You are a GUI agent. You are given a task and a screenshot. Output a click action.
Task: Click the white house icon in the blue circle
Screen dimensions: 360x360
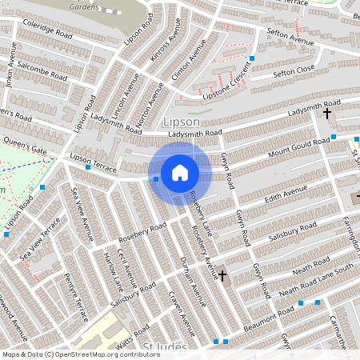180,172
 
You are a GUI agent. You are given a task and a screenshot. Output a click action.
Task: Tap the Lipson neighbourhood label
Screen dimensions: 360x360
180,121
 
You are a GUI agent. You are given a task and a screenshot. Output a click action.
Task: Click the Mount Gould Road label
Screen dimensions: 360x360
298,147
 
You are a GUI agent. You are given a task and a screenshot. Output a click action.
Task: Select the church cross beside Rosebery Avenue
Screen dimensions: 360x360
222,276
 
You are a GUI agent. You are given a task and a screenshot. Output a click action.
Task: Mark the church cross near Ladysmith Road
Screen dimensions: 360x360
326,114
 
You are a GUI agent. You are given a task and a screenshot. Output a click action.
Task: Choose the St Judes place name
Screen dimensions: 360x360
165,346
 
